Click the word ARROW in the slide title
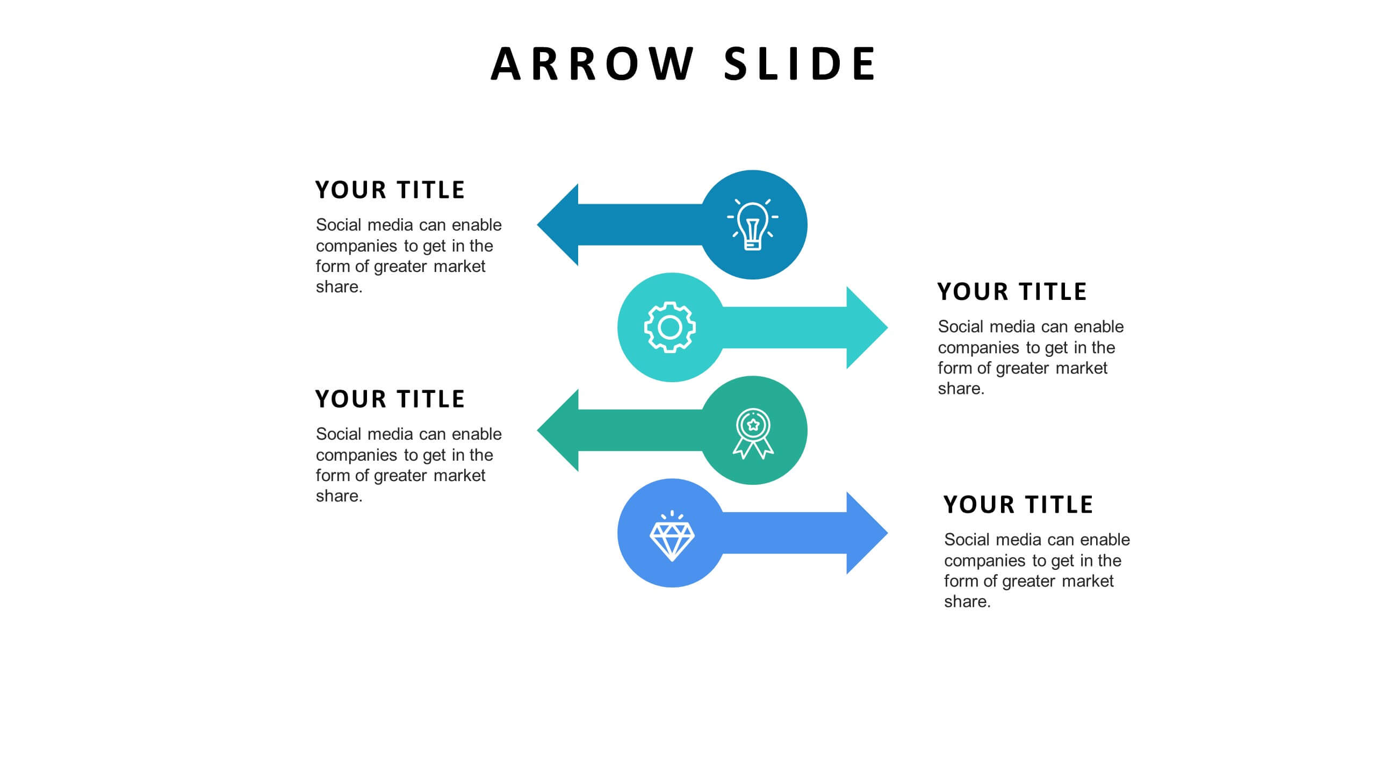click(592, 64)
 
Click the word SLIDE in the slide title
click(800, 64)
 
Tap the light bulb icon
click(753, 225)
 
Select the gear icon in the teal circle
click(670, 327)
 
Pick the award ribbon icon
click(753, 433)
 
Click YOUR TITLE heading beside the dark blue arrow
click(390, 190)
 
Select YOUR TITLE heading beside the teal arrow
click(1012, 292)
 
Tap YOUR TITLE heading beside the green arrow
click(390, 399)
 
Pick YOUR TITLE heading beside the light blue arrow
click(1018, 505)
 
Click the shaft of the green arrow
click(639, 431)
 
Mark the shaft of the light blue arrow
click(784, 533)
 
